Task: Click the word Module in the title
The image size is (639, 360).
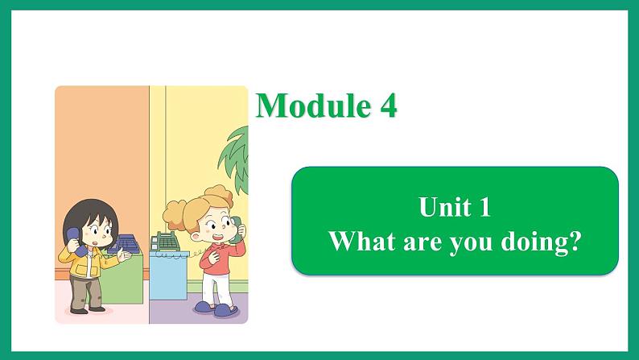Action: coord(313,106)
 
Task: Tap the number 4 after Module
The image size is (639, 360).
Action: coord(389,106)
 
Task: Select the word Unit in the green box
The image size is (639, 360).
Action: coord(444,206)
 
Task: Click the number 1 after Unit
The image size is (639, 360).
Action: coord(484,207)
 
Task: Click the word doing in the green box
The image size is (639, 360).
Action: coord(532,242)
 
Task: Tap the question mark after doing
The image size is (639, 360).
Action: coord(572,241)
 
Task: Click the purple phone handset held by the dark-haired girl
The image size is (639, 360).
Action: coord(75,242)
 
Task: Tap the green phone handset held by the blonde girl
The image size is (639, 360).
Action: coord(235,230)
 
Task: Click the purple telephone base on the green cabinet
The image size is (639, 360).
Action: coord(124,244)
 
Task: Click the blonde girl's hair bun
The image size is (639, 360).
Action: coord(221,194)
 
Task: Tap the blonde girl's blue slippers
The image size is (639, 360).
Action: coord(216,308)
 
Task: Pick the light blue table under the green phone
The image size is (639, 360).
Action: coord(168,275)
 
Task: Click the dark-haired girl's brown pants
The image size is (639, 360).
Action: coord(86,292)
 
